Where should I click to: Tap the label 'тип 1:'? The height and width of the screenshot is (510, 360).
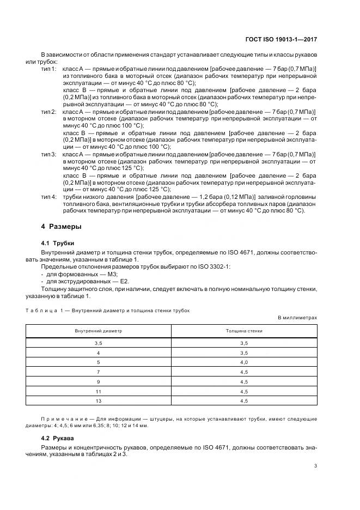tap(50, 69)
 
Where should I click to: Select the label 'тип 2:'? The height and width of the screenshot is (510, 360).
tap(50, 111)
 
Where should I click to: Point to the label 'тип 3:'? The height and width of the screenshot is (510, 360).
tap(50, 154)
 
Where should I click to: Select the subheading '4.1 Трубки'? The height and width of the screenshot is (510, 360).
tap(58, 243)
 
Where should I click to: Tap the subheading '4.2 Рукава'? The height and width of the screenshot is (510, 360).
tap(58, 438)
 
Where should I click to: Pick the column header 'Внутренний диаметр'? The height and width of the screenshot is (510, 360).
tap(99, 331)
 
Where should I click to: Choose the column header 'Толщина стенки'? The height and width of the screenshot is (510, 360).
tap(244, 331)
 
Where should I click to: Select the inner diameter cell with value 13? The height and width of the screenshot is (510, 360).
tap(99, 400)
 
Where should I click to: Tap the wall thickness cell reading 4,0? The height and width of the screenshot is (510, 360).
tap(244, 361)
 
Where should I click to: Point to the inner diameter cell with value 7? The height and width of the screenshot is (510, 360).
tap(99, 371)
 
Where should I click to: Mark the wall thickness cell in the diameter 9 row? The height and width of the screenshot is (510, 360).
tap(244, 381)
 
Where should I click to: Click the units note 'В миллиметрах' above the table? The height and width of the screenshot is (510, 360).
tap(297, 317)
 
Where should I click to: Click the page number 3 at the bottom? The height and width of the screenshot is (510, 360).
tap(316, 465)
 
